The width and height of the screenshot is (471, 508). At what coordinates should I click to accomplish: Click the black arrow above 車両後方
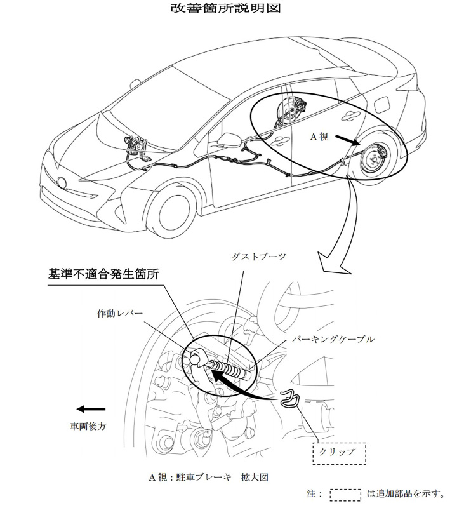pos(89,410)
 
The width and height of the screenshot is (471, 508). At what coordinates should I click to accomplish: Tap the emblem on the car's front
pos(63,183)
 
